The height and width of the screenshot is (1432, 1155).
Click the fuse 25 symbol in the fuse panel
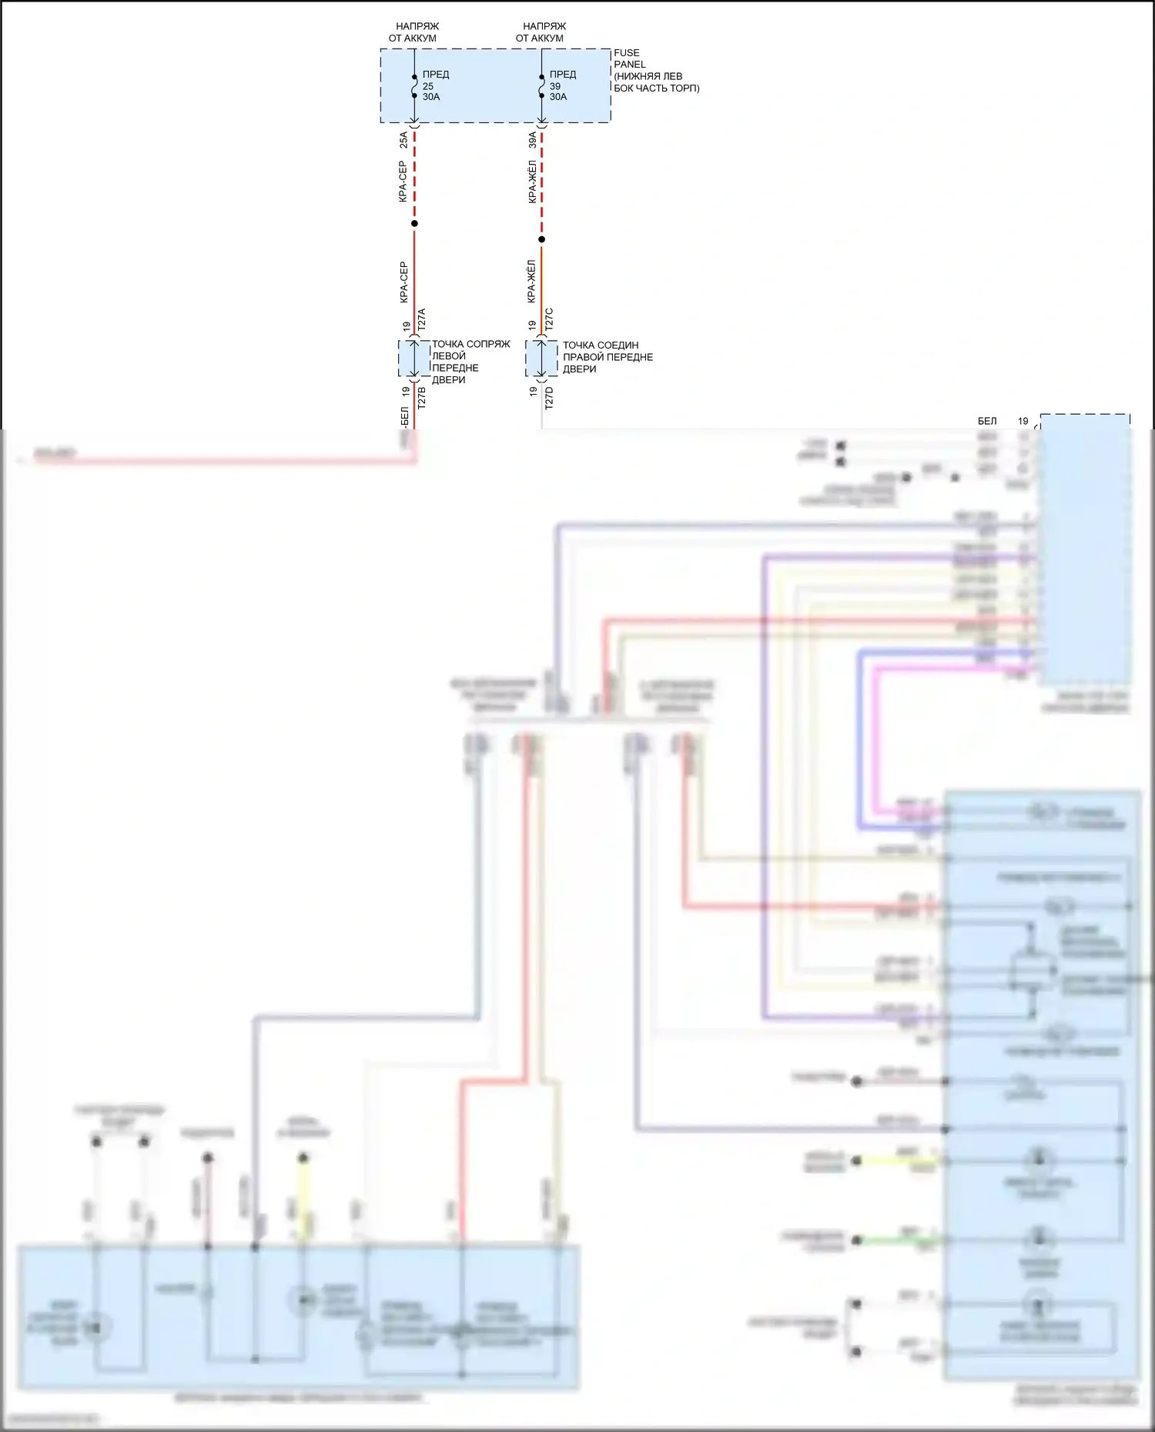[x=414, y=86]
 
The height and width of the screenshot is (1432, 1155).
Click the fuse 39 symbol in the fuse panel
[x=541, y=86]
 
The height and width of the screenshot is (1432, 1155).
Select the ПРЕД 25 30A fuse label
[x=435, y=85]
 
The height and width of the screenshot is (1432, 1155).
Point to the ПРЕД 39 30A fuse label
[x=562, y=85]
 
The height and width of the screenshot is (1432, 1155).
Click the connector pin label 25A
[x=403, y=140]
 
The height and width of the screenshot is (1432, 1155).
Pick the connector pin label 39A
[x=532, y=140]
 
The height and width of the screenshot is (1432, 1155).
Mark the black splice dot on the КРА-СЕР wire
[x=414, y=224]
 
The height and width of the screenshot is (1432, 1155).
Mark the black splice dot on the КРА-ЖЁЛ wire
[x=541, y=239]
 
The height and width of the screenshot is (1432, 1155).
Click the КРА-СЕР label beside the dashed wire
[x=403, y=182]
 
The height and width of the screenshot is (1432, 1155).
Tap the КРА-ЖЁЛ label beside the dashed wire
[x=532, y=182]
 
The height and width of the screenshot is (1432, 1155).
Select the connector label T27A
[x=421, y=320]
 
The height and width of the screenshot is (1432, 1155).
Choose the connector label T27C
[x=549, y=320]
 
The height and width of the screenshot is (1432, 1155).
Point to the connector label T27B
[x=421, y=397]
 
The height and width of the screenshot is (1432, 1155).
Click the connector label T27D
[x=549, y=398]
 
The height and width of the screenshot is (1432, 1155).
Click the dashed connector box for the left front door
[x=414, y=359]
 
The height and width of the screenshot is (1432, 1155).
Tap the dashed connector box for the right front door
[x=541, y=359]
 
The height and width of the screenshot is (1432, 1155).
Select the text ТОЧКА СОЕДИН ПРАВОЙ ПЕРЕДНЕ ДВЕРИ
[x=607, y=357]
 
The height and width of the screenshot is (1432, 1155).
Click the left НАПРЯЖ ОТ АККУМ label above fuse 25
[x=414, y=32]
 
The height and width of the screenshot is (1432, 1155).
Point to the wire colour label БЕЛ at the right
[x=987, y=421]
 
